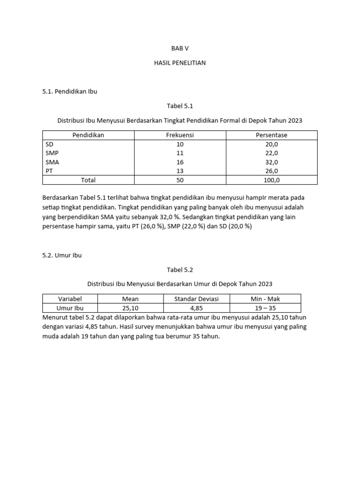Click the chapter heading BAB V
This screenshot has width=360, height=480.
(x=180, y=48)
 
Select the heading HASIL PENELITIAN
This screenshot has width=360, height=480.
(x=180, y=63)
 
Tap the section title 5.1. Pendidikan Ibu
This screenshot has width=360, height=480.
(x=69, y=91)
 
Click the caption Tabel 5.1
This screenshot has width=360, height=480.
(x=180, y=106)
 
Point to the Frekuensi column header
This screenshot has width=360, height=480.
(x=180, y=135)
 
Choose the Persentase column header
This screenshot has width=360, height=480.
(x=271, y=135)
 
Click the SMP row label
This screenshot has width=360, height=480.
(x=52, y=153)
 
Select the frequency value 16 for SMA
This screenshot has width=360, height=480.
(x=180, y=162)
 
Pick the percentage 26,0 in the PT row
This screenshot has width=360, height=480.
(x=271, y=171)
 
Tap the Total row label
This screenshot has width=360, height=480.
(x=88, y=180)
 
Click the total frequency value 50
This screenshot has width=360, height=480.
(x=180, y=180)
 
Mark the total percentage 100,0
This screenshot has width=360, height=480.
(x=271, y=180)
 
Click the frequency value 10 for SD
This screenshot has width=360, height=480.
(x=180, y=144)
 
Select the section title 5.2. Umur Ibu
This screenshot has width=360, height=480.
(x=62, y=255)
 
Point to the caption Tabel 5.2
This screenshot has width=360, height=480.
(x=180, y=270)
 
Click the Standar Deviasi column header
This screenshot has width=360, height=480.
(x=196, y=299)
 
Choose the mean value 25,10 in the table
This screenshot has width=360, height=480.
(x=130, y=308)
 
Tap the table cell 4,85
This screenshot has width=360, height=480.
(x=196, y=308)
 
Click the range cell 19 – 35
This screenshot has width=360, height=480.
(x=265, y=308)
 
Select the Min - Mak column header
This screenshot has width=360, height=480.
(x=265, y=299)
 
